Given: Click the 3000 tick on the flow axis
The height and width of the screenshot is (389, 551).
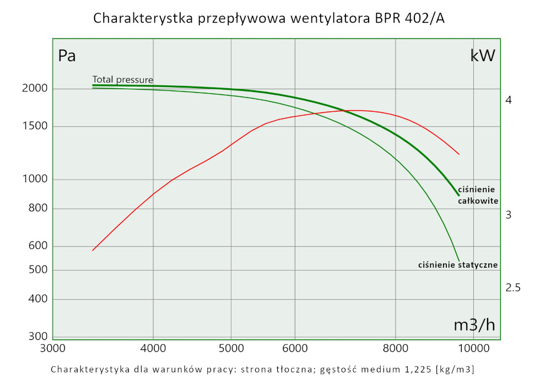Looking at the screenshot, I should pos(53,348).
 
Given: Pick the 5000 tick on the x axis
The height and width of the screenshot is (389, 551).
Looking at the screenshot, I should pos(231,348).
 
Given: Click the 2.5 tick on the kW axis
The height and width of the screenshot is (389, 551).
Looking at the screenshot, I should pos(513,288).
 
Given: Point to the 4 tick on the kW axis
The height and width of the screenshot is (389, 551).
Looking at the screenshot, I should pos(509,100).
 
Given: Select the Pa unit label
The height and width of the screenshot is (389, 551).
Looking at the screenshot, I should pos(67,56).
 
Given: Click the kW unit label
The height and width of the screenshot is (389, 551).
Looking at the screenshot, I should pos(483,56).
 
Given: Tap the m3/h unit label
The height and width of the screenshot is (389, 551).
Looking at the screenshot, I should pos(474,325).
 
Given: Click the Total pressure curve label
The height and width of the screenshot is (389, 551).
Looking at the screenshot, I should pos(123,79).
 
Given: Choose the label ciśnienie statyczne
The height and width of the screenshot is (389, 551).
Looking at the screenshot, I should pos(458,265).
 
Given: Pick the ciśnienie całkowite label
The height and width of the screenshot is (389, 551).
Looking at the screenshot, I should pos(478,195).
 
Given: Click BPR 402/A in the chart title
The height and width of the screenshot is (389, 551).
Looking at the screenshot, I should pos(408,18).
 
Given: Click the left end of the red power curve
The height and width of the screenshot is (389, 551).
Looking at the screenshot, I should pos(93,251).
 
